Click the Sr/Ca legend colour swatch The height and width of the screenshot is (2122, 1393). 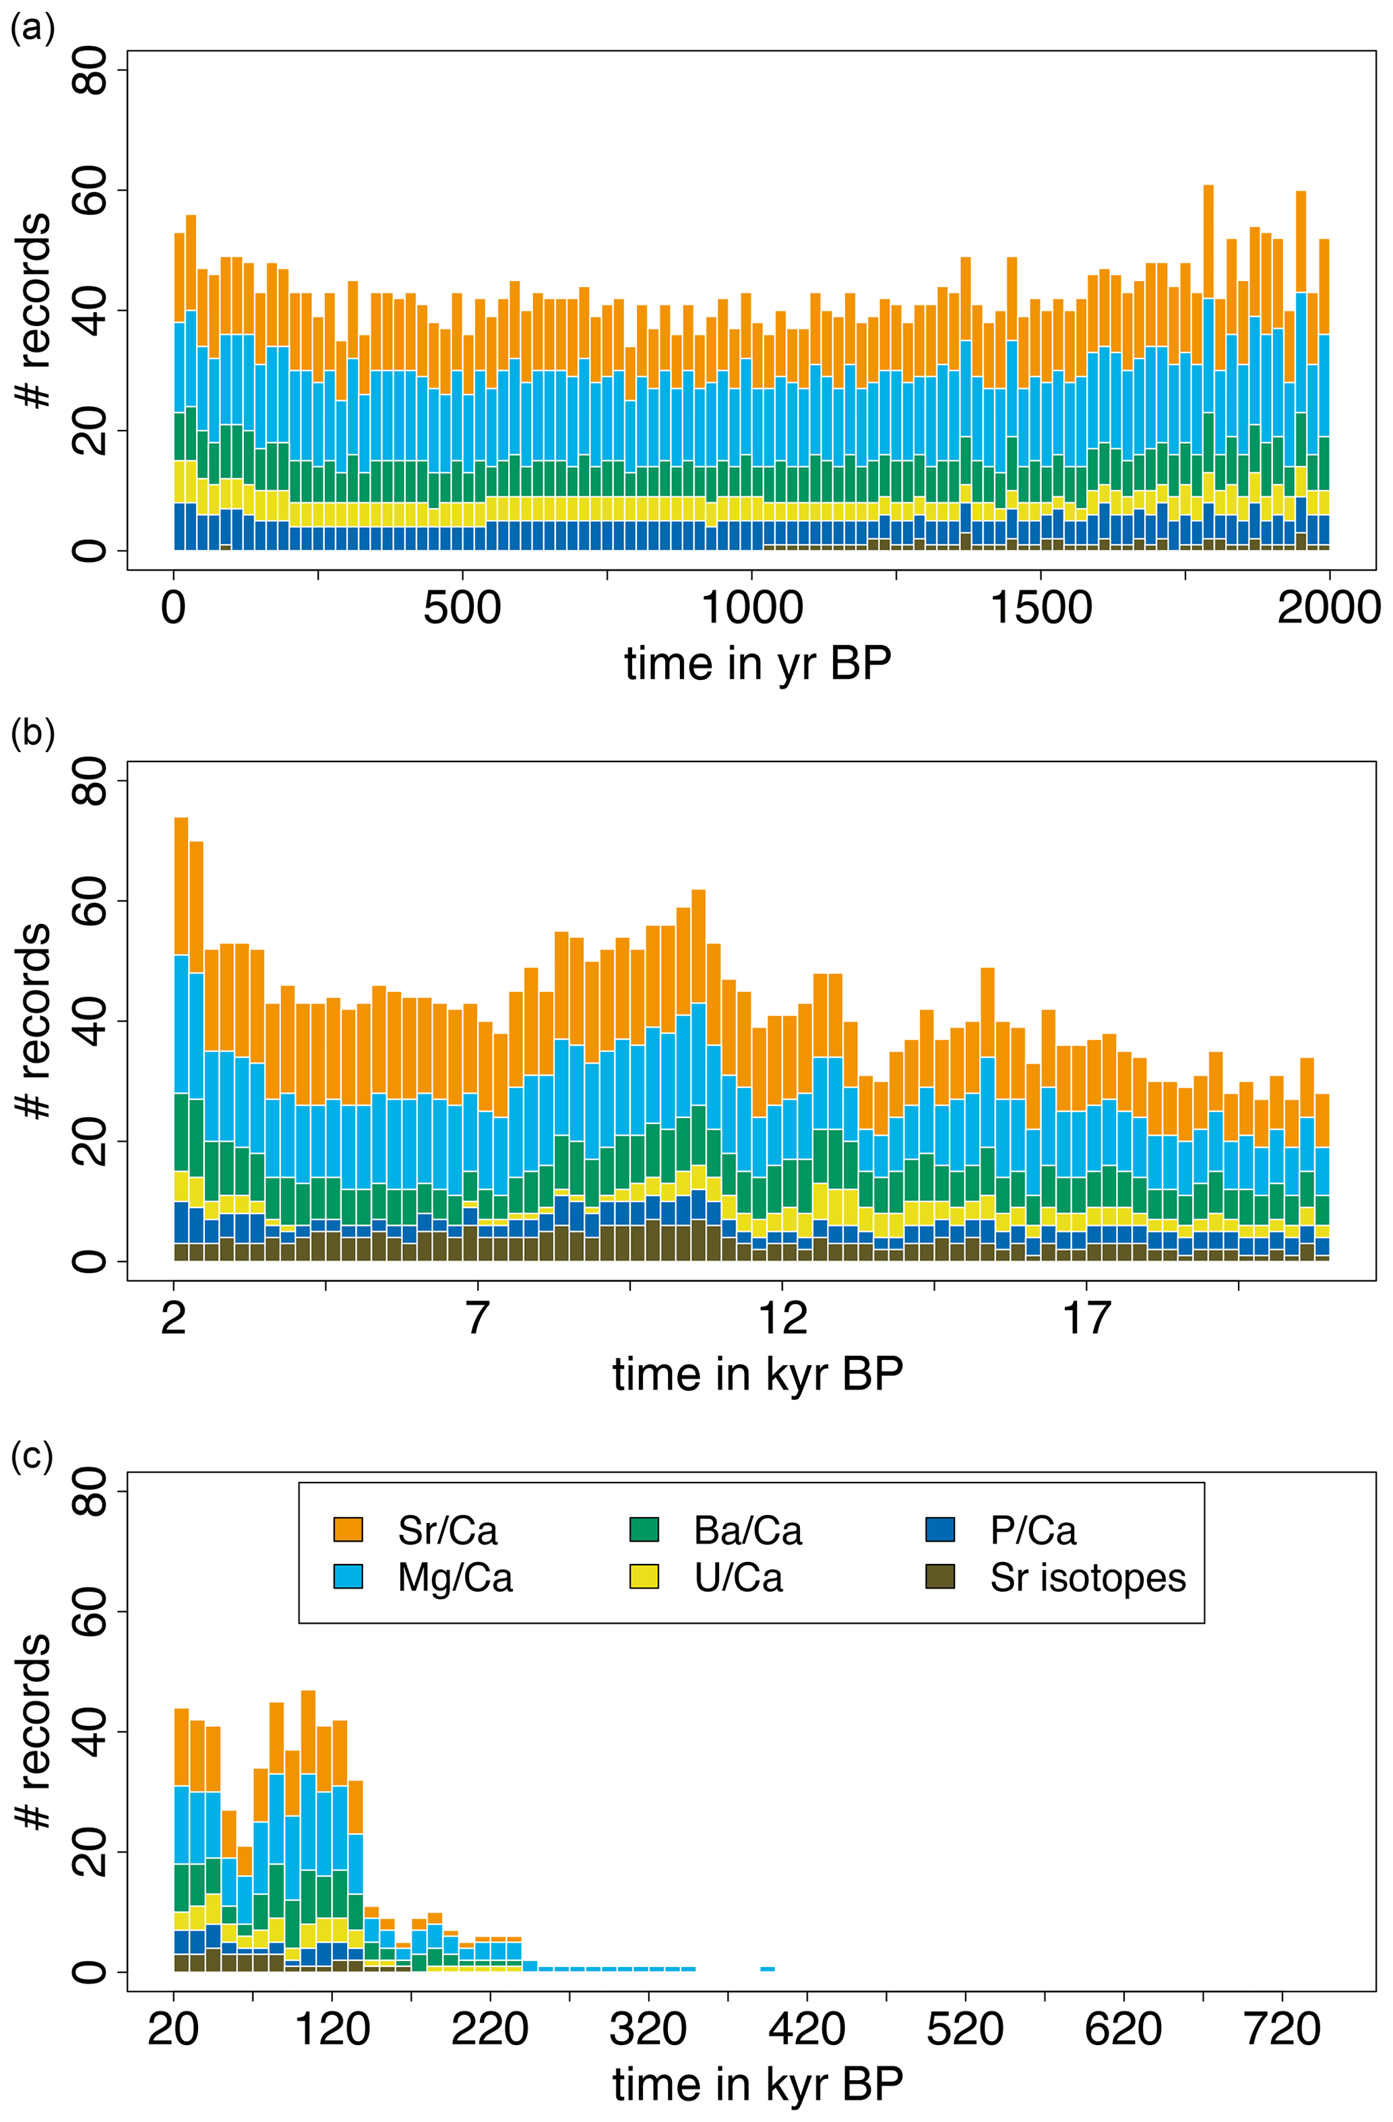[x=348, y=1529]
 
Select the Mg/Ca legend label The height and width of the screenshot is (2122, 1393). [x=455, y=1578]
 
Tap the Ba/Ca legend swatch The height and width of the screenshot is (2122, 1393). [x=644, y=1529]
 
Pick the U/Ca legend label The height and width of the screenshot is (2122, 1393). [x=739, y=1578]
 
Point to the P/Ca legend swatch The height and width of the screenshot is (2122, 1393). [x=940, y=1529]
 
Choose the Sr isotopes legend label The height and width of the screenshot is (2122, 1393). [x=1087, y=1578]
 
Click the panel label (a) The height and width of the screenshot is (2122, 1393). [x=32, y=30]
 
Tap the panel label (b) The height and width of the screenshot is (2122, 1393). [x=32, y=733]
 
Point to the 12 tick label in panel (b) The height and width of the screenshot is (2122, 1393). [x=782, y=1319]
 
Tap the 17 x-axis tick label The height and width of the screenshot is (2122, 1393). [x=1086, y=1319]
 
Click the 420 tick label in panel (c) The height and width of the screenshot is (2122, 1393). [x=806, y=2030]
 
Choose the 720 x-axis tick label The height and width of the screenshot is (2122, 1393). [x=1282, y=2030]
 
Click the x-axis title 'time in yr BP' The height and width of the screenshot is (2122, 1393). [x=757, y=664]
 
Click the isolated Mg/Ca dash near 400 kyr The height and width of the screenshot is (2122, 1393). [x=767, y=1968]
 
